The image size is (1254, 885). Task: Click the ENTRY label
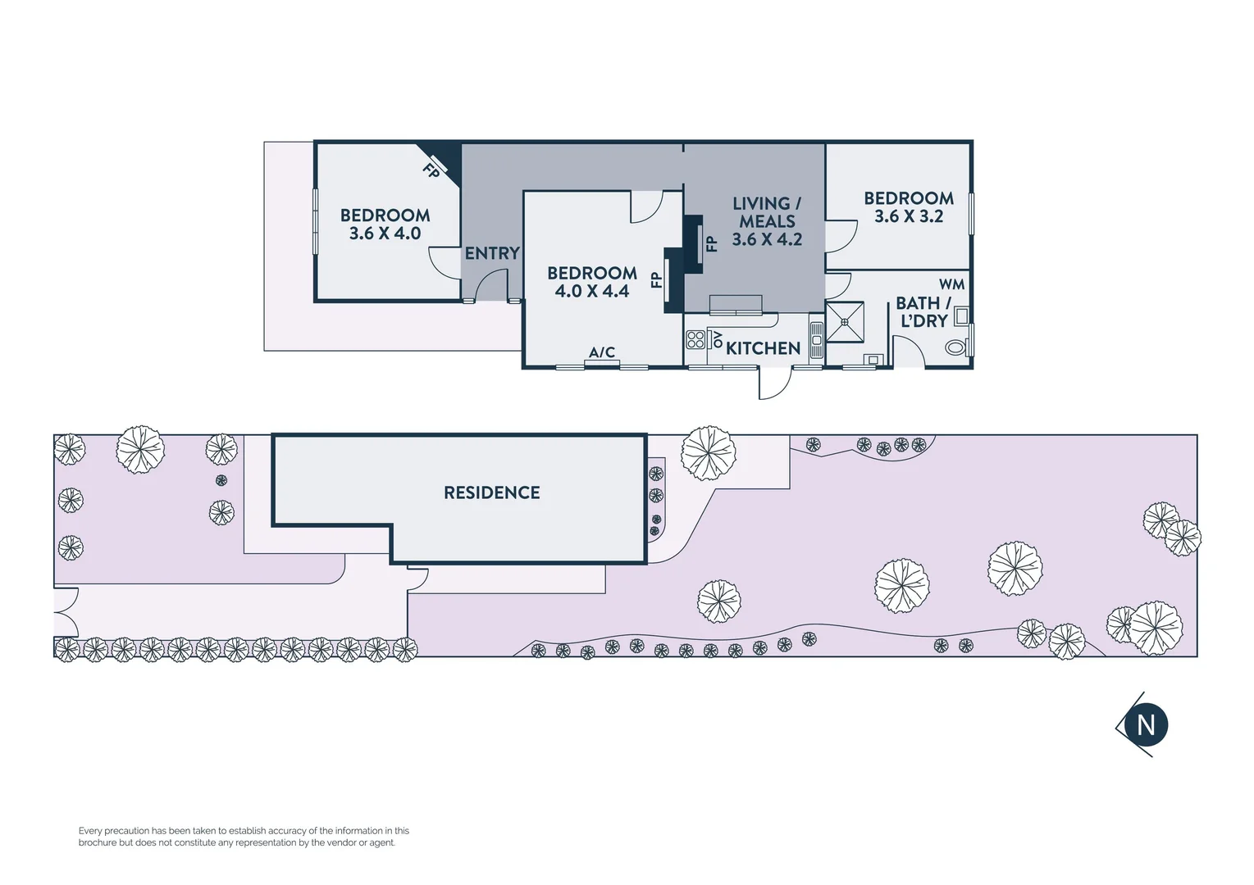click(x=492, y=253)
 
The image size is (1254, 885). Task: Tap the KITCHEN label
click(x=763, y=348)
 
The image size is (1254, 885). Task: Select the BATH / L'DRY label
click(x=923, y=312)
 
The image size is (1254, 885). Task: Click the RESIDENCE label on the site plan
click(x=492, y=492)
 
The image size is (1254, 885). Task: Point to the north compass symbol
click(x=1145, y=724)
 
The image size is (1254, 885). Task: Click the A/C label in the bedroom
click(x=602, y=352)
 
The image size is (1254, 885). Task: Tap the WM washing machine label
click(x=951, y=284)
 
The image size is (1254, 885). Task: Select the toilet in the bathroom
click(x=955, y=347)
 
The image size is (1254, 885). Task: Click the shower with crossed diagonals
click(x=845, y=322)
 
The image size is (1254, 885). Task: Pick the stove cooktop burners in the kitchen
click(x=695, y=339)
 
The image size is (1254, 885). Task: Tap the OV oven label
click(x=718, y=338)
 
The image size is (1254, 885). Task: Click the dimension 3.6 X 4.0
click(x=385, y=234)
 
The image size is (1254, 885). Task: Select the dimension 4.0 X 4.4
click(x=591, y=292)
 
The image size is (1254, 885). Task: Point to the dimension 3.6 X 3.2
click(x=909, y=216)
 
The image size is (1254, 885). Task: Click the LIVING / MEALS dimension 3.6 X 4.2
click(x=767, y=239)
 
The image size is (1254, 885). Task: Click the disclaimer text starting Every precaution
click(x=244, y=837)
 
